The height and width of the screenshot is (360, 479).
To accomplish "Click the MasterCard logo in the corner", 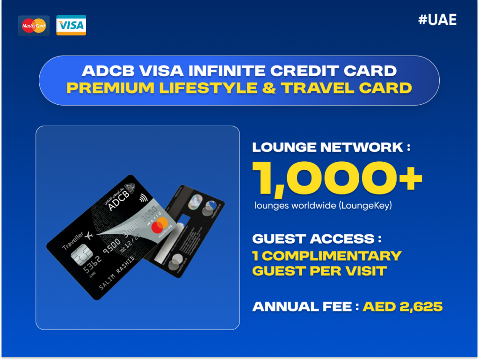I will [34, 26].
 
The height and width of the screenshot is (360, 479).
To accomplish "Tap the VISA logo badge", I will [71, 25].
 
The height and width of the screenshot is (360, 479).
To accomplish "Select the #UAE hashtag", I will [437, 19].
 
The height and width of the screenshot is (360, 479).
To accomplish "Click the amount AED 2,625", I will [403, 307].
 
